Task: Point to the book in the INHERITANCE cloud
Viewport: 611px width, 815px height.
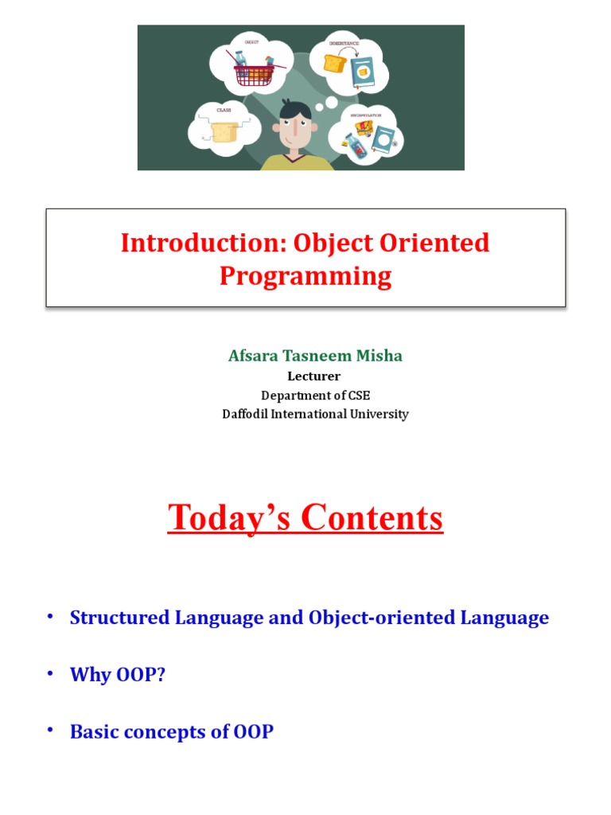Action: point(363,73)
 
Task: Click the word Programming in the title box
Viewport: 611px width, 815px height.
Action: point(305,276)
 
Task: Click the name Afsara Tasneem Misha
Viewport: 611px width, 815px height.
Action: point(315,356)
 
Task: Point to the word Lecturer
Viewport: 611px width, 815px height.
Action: point(313,376)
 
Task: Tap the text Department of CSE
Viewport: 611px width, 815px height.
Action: point(315,395)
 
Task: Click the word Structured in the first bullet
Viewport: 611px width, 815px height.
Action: point(119,618)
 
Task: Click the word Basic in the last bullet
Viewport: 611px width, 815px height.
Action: point(91,731)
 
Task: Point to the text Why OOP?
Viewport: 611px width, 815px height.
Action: point(118,675)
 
